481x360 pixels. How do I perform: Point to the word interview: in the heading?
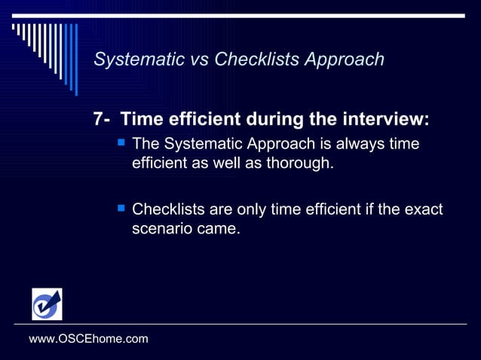(386, 119)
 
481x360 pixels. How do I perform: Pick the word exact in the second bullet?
(423, 209)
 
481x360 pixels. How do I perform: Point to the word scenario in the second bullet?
(161, 227)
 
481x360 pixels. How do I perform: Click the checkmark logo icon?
(47, 304)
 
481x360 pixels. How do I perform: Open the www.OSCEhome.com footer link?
(88, 339)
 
